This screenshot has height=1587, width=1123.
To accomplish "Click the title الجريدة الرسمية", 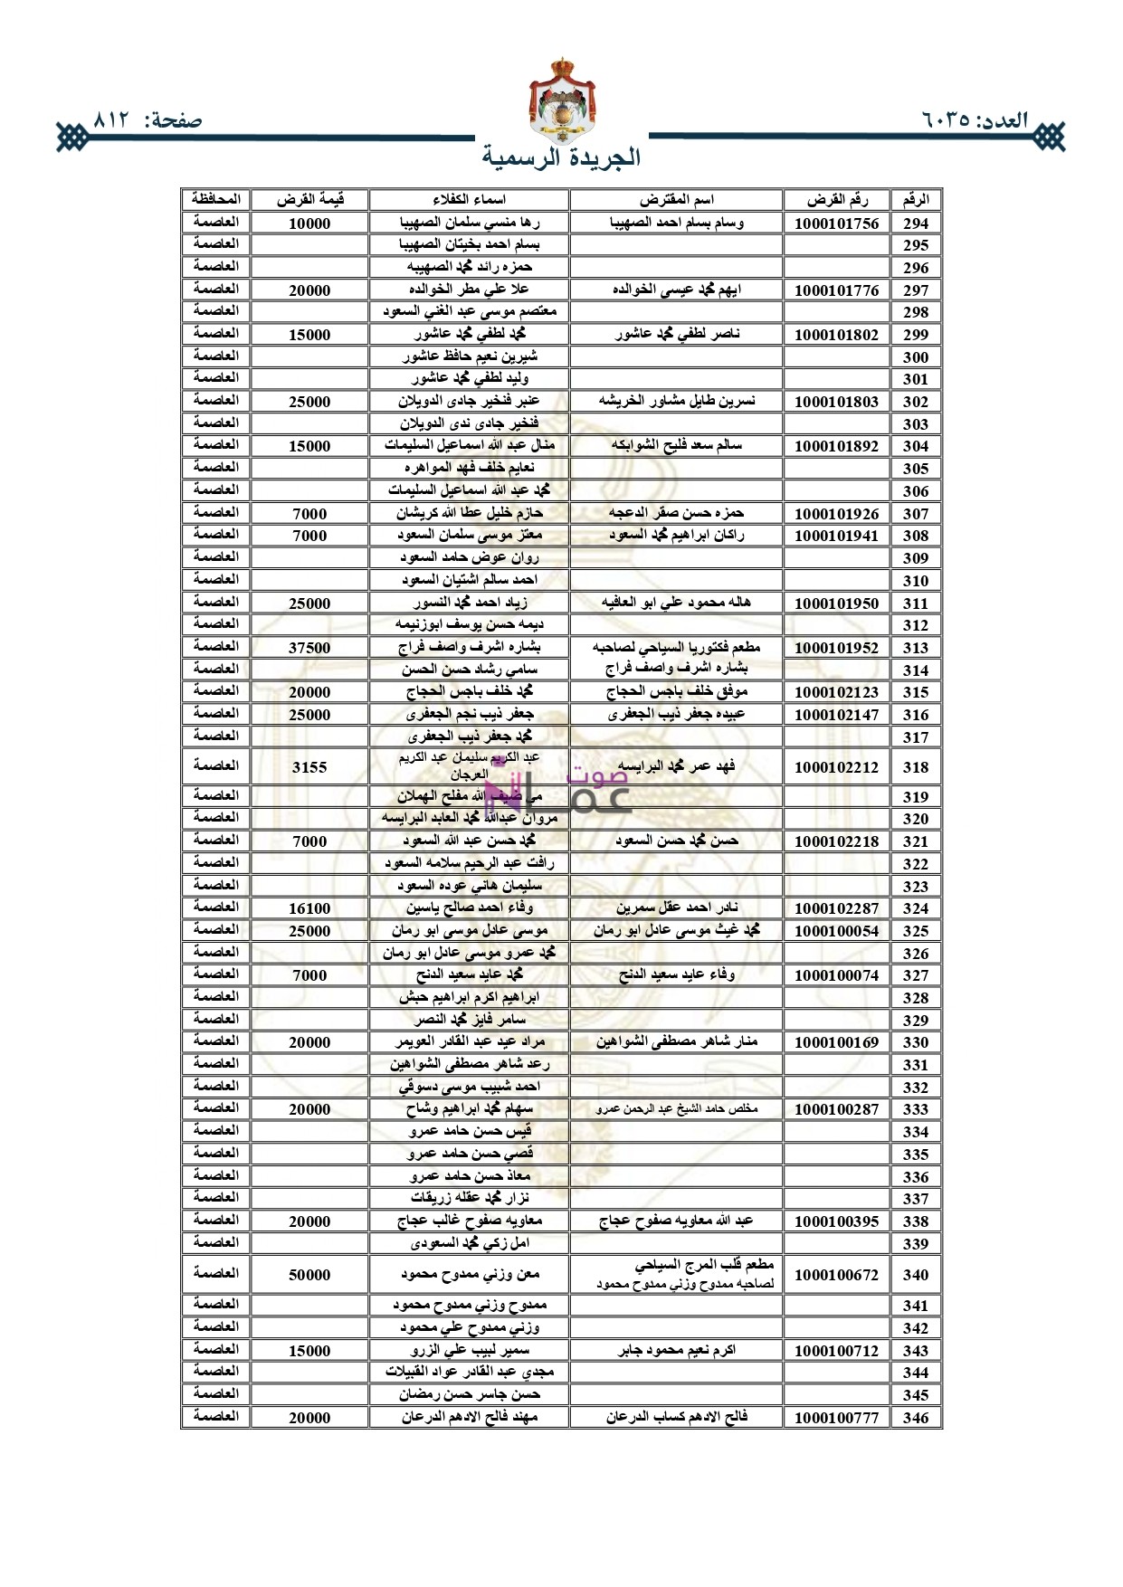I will [562, 157].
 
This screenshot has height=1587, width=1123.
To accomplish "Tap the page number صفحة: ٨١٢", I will [148, 120].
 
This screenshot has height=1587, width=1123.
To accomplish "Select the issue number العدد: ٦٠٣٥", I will [975, 120].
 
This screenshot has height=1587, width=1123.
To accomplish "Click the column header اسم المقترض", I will [676, 200].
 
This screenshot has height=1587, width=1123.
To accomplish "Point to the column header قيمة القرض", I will [309, 200].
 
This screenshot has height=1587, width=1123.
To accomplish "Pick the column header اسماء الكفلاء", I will [469, 200].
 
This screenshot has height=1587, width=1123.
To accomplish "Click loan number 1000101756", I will [836, 223].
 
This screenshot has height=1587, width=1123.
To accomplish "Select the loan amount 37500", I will [309, 648].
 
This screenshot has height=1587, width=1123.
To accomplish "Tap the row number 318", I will [916, 767].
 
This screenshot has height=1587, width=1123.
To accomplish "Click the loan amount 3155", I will [309, 767].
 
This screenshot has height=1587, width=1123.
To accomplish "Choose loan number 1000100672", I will [836, 1275].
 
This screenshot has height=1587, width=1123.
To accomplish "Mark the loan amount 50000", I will [309, 1275].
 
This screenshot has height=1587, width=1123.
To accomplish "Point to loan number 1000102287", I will [836, 908].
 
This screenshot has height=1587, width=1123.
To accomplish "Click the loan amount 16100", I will [309, 908].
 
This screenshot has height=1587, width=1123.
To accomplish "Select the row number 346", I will [916, 1418].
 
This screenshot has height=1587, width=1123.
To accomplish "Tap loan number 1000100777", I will [836, 1418].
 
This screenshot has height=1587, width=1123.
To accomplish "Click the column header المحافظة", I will [215, 199].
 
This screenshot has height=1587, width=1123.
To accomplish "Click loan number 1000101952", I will [836, 648].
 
